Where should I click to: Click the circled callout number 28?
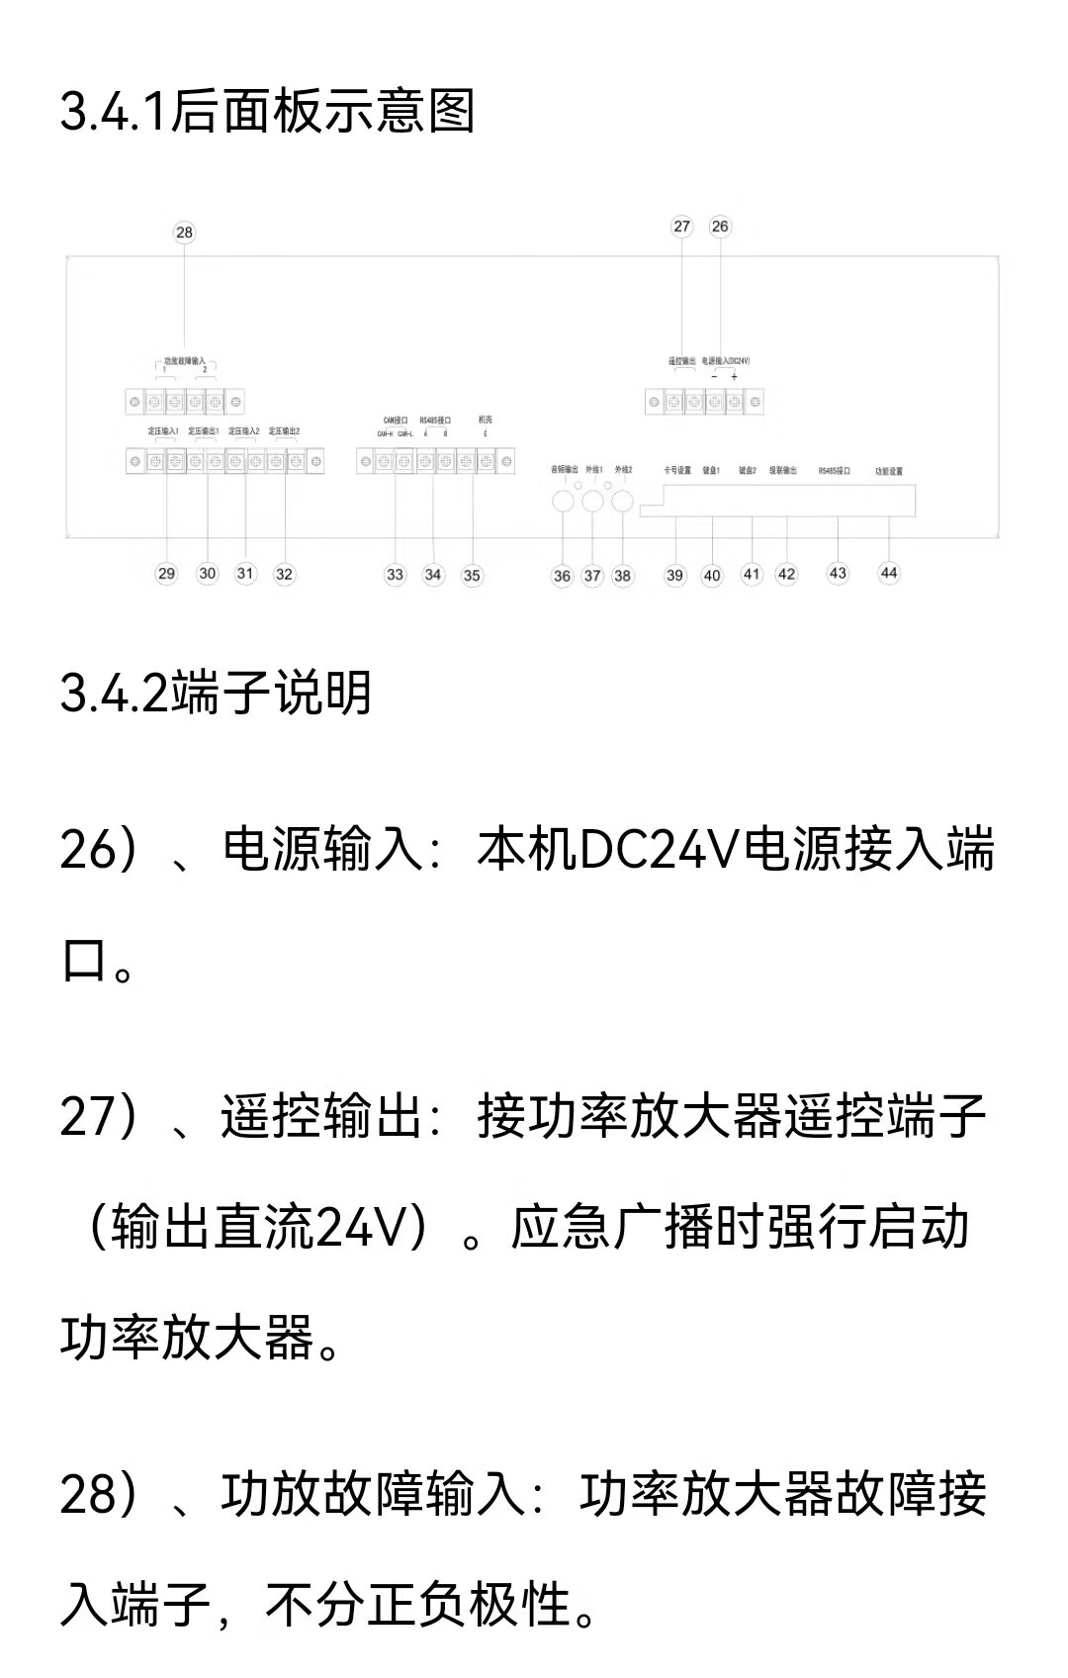[x=184, y=233]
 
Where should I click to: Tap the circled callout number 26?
[x=720, y=227]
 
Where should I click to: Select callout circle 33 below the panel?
[x=395, y=575]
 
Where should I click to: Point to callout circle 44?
[x=889, y=573]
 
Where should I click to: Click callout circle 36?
[x=562, y=576]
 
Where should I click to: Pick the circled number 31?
[x=245, y=574]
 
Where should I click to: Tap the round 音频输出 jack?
[x=562, y=501]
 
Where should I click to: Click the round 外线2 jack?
[x=622, y=501]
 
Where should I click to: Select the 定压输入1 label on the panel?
[x=163, y=432]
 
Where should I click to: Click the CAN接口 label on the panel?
[x=396, y=420]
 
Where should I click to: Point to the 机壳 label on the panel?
[x=485, y=420]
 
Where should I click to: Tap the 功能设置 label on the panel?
[x=889, y=472]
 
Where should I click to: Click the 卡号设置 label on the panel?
[x=677, y=471]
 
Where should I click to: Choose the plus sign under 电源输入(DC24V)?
[x=734, y=377]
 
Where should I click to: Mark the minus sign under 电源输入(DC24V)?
[x=714, y=377]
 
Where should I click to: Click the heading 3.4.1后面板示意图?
[x=267, y=111]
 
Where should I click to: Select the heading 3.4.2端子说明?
[x=216, y=693]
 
